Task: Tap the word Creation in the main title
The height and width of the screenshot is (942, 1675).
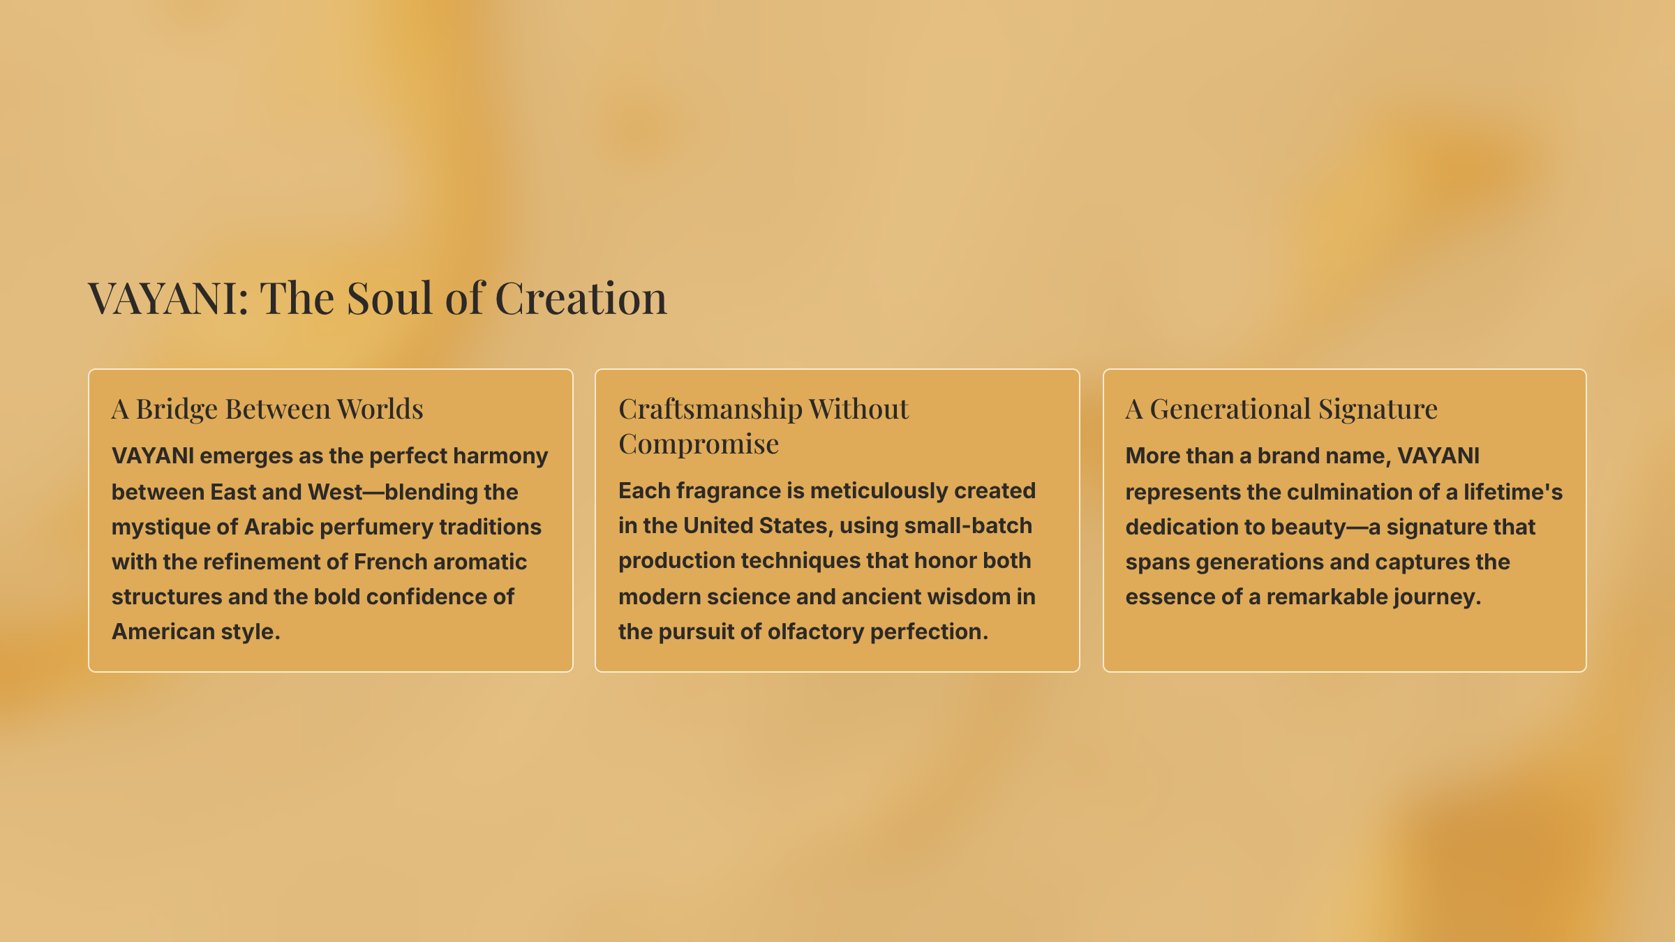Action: (x=581, y=298)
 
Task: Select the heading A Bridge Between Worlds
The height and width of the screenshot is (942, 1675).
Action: (x=267, y=409)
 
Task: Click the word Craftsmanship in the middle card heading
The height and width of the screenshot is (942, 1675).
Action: (x=710, y=410)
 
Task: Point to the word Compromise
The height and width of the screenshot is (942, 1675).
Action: (x=699, y=444)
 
